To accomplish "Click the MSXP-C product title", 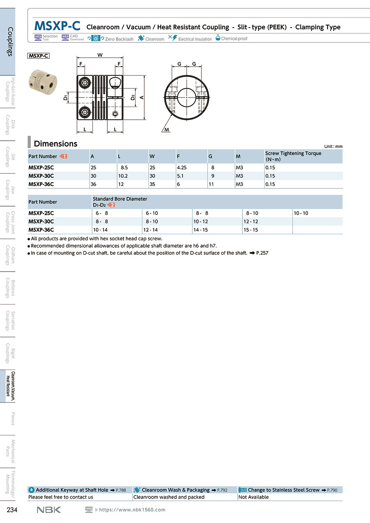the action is (58, 26).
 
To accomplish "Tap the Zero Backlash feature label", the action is (119, 39).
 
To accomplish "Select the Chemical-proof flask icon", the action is (217, 37).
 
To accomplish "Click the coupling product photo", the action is (43, 82).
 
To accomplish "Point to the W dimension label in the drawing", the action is (100, 55).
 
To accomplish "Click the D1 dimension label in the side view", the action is (65, 98).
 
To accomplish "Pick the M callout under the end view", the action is (166, 130).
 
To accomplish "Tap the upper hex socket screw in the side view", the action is (85, 82).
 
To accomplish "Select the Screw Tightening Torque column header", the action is (293, 156).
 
